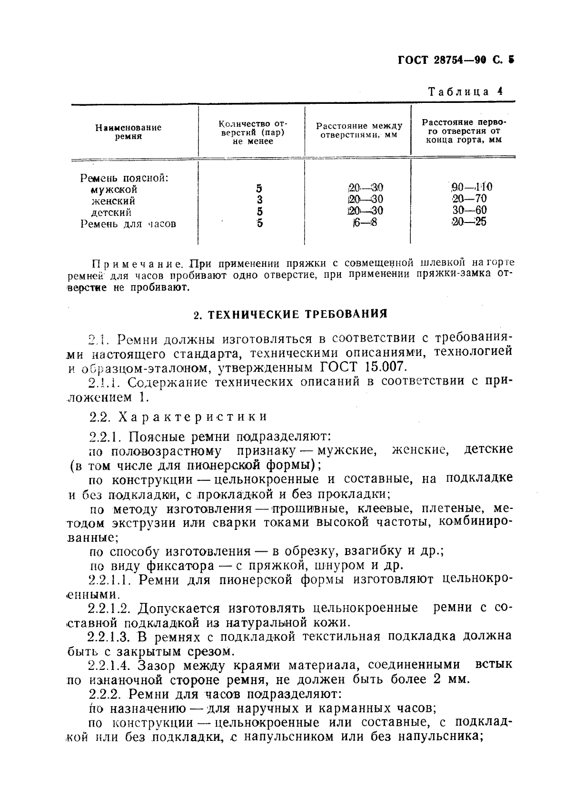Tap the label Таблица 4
(465, 91)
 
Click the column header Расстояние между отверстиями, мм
(359, 130)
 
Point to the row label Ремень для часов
(128, 223)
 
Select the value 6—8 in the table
(365, 222)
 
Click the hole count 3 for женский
(259, 200)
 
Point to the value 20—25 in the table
(469, 222)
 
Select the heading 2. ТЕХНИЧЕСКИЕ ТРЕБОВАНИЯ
(290, 314)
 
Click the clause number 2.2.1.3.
(110, 637)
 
